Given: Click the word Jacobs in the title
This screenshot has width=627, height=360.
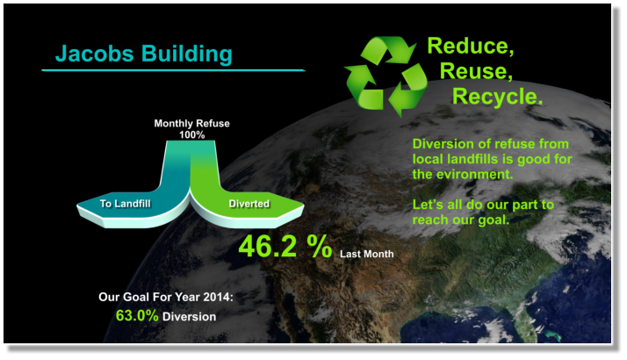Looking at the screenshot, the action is (94, 54).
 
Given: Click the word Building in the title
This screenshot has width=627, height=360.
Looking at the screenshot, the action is (187, 54).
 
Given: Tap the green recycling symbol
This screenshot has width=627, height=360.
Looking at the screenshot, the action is (386, 76).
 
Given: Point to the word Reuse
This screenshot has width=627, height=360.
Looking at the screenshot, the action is (476, 71).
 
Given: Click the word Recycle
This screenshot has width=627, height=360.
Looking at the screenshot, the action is (497, 97).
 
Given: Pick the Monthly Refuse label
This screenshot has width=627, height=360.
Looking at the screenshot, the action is (192, 123).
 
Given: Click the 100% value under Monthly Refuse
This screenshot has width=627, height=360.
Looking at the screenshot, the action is (192, 135).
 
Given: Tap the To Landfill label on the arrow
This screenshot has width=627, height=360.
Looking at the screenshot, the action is (126, 204).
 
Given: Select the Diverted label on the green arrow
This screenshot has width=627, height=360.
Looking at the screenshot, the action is (249, 204).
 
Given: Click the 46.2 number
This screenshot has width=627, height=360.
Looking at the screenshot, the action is (268, 246).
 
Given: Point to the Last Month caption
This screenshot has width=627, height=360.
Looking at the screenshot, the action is (367, 254).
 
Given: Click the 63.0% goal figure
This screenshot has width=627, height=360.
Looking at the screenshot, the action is (137, 315).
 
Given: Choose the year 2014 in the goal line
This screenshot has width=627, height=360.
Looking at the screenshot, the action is (218, 297).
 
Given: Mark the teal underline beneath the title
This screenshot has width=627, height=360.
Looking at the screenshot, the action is (173, 70).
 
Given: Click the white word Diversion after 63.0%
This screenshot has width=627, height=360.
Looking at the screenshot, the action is (189, 317).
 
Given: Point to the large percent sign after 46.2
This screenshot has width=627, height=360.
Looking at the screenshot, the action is (320, 246).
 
